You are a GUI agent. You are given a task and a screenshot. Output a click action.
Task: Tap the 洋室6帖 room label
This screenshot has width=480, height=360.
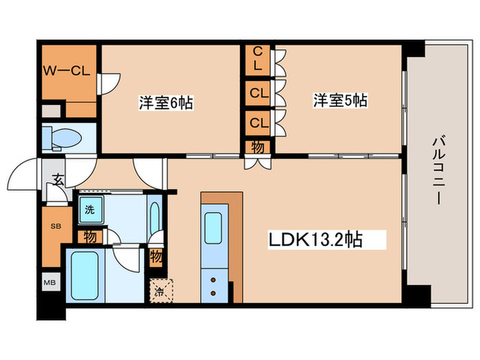[x=167, y=103]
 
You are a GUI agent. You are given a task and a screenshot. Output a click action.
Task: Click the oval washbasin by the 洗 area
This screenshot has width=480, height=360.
[x=154, y=216]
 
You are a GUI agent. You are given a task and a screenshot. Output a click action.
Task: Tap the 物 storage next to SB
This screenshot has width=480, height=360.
[x=90, y=237]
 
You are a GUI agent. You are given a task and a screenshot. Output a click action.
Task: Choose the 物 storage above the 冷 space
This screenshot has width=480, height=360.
[x=156, y=259]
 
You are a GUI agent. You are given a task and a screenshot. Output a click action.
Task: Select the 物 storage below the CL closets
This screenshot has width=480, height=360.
[x=258, y=147]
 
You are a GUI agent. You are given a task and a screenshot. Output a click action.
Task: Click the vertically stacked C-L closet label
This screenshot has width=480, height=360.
[x=258, y=59]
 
